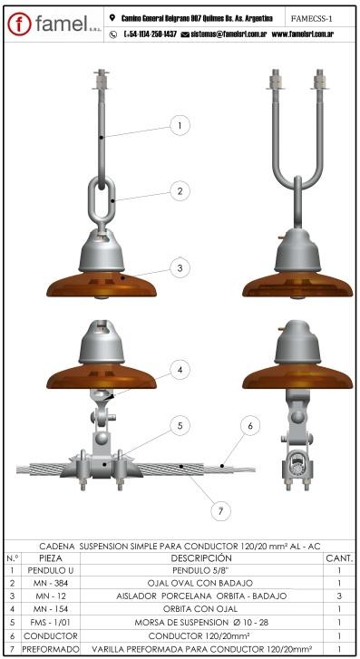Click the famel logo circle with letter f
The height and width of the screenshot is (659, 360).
pos(19,24)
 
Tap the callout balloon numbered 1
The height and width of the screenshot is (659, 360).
pos(180,125)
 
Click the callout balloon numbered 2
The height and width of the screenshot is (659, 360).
pos(180,191)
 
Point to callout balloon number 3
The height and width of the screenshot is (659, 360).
pos(180,268)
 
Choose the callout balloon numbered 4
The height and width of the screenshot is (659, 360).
pos(180,370)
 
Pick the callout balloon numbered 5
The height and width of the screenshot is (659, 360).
pos(180,426)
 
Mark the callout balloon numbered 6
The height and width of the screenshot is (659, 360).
pos(250,426)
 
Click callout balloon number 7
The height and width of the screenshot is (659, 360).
pos(220,511)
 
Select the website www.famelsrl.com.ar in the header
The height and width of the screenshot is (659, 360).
pos(303,34)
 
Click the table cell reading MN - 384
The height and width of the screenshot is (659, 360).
pos(51,583)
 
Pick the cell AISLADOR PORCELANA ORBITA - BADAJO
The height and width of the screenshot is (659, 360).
pos(201,596)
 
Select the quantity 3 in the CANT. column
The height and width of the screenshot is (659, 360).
pos(339,596)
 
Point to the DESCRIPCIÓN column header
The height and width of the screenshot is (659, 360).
pos(201,558)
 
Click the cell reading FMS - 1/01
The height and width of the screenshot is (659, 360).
pos(51,622)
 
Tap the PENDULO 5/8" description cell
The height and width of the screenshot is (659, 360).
pos(201,570)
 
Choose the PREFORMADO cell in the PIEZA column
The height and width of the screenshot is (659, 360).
pos(51,649)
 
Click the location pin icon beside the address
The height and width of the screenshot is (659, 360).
pos(112,17)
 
